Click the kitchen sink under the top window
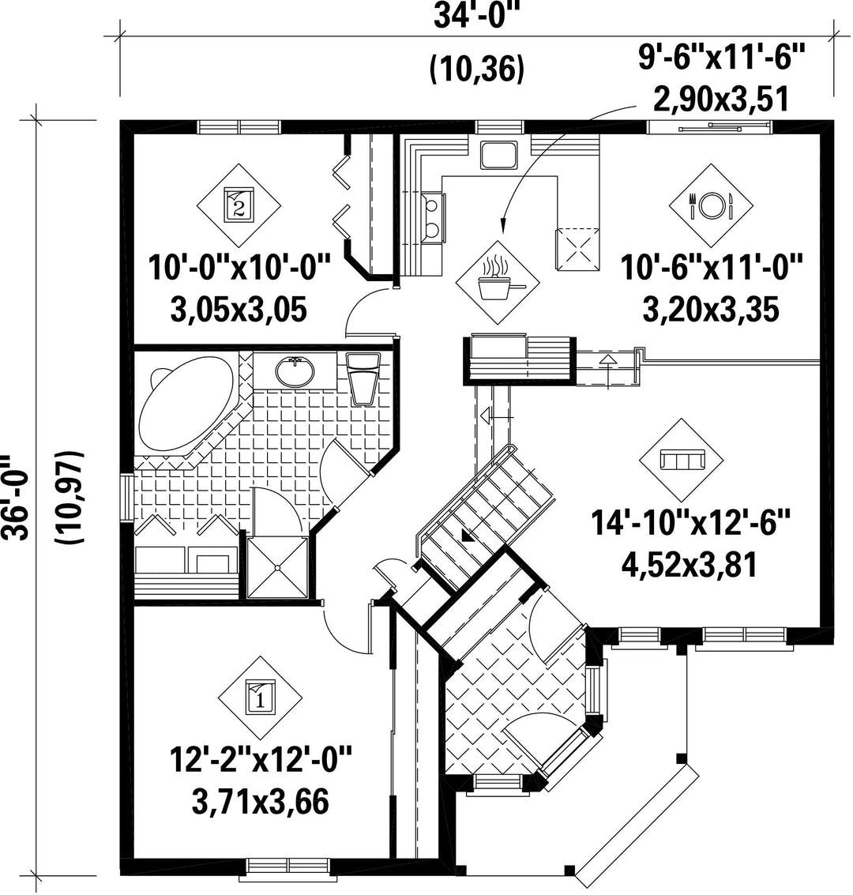point(498,154)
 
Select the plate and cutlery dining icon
point(711,205)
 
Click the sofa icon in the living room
point(682,460)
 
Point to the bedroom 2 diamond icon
point(239,205)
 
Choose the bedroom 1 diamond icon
point(261,698)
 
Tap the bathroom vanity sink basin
point(295,372)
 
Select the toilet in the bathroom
point(363,378)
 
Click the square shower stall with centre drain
point(278,567)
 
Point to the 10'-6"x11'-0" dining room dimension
point(711,267)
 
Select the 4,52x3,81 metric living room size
point(690,566)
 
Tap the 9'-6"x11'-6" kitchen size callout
point(720,57)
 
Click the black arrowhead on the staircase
point(467,536)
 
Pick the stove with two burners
point(433,218)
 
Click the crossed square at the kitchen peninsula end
point(577,249)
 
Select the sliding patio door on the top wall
point(710,126)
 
